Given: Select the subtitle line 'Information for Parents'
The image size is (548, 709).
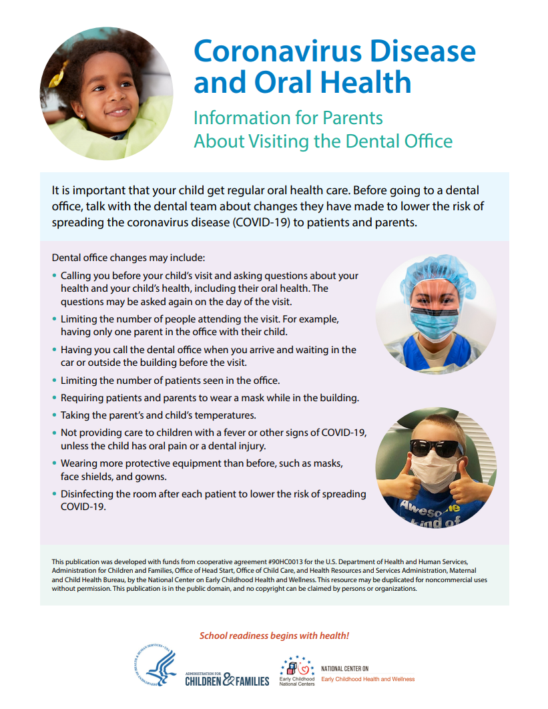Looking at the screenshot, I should click(288, 118).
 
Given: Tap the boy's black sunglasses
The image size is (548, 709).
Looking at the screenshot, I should click(435, 448).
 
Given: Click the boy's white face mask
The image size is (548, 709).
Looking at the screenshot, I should click(435, 472).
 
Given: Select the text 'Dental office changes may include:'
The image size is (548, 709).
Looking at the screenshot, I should click(129, 258).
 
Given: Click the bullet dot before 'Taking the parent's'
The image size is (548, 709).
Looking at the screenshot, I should click(55, 415).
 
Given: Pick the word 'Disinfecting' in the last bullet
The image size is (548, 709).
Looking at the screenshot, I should click(87, 494).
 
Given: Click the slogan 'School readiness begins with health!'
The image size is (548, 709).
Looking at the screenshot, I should click(274, 636).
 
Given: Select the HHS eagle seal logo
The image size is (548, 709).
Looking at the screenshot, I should click(156, 668).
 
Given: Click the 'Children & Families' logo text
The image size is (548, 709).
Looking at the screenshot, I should click(228, 680).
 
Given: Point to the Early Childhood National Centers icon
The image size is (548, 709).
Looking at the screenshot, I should click(297, 666).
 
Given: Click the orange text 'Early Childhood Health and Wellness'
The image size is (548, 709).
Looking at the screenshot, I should click(368, 679).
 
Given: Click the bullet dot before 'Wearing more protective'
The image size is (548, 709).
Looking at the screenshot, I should click(55, 463).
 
